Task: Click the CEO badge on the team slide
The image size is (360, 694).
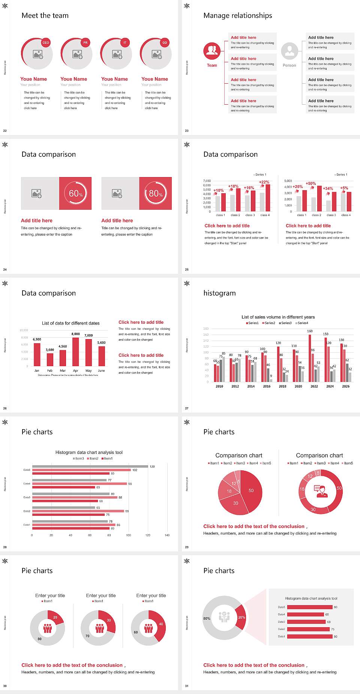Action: coord(46,43)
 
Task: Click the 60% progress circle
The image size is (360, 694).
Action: coord(76,193)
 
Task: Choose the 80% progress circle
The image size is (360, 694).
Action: coord(156,193)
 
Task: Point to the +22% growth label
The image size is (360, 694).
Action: coord(264,182)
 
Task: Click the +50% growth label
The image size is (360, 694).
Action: coord(311,183)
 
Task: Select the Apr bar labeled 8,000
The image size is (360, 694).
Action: coord(76,352)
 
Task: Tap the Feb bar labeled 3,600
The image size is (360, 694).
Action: coord(50,359)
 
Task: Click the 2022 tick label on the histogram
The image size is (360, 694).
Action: coord(314,386)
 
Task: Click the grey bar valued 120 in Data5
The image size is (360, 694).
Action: coord(90,466)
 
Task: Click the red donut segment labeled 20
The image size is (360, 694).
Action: coord(55,617)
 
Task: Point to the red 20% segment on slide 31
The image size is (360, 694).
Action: coord(241,617)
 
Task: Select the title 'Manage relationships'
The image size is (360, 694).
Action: coord(238,15)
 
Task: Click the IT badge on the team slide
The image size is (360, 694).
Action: coord(125,43)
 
